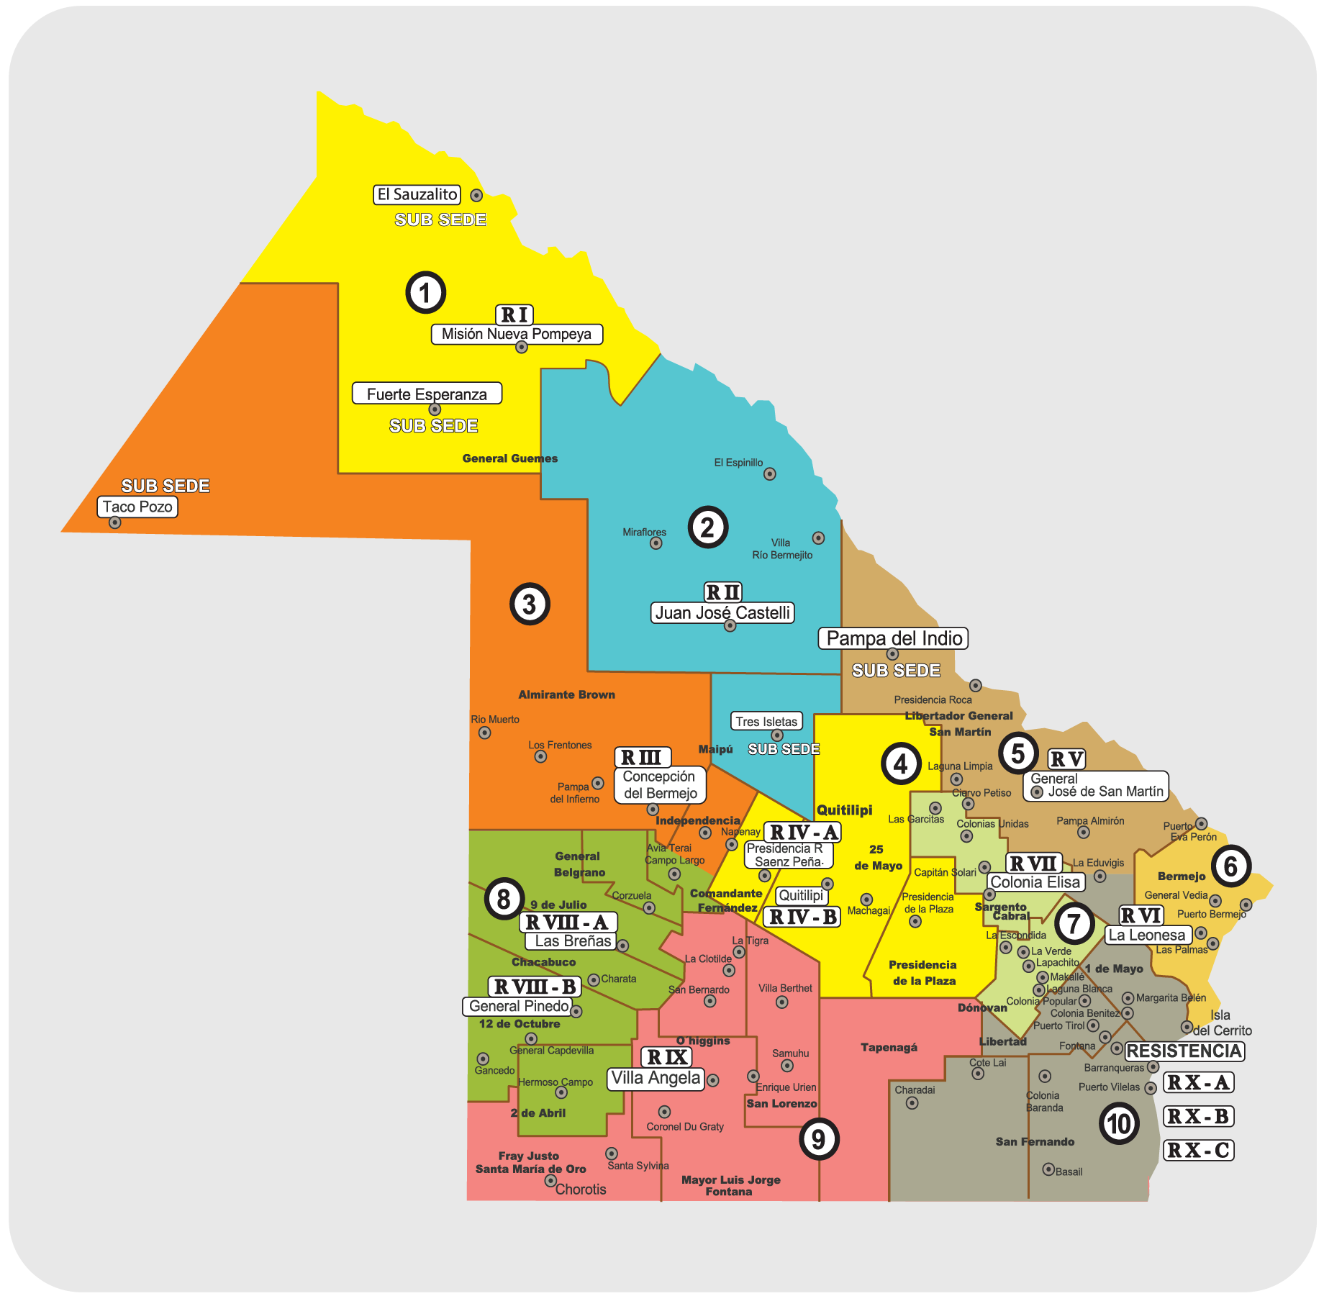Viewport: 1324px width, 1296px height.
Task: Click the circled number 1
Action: coord(425,292)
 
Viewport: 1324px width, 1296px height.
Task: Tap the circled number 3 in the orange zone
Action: coord(530,604)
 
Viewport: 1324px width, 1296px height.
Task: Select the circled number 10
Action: coord(1119,1124)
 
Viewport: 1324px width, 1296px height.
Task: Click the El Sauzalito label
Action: coord(417,194)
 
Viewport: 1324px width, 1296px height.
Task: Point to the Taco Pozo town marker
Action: coord(114,522)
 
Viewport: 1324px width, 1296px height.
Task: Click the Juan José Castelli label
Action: coord(722,612)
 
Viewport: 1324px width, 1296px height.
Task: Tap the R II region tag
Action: coord(722,592)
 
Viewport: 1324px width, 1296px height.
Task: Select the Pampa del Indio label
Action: coord(893,638)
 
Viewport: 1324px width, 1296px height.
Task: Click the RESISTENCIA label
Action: coord(1184,1051)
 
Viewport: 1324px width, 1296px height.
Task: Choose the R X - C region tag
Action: coord(1198,1150)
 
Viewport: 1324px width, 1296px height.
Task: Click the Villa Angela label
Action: coord(656,1078)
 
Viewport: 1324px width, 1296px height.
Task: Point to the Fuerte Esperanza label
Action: coord(427,394)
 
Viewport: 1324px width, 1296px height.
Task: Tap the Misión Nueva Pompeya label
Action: coord(517,334)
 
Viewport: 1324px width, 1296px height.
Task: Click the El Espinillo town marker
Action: coord(770,473)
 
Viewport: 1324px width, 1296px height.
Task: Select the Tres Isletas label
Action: coord(766,721)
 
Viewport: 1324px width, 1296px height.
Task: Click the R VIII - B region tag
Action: coord(535,986)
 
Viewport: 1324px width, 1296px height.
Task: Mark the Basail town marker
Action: coord(1048,1169)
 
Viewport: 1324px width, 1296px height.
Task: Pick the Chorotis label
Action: coord(581,1189)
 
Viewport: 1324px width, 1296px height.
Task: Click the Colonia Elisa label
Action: coord(1035,882)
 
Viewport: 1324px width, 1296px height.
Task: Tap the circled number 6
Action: coord(1230,866)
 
